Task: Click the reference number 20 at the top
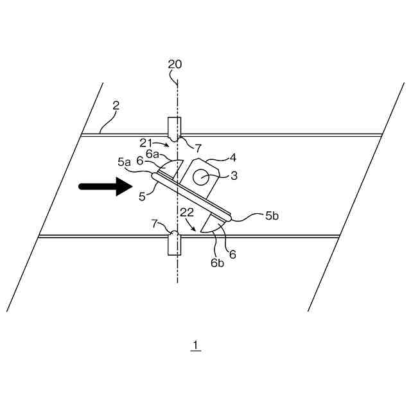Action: click(x=175, y=64)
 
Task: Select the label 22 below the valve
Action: click(x=187, y=212)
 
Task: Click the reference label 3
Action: click(x=234, y=175)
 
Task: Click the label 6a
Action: click(x=153, y=153)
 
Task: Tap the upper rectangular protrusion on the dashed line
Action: click(x=174, y=128)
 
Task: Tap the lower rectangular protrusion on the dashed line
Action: click(x=174, y=245)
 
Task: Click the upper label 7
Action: click(x=199, y=149)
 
